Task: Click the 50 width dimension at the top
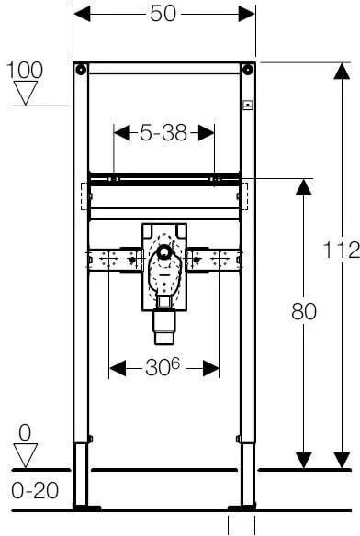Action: tap(163, 14)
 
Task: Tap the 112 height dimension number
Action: tap(342, 250)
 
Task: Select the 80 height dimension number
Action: tap(304, 311)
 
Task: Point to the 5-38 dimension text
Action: tap(163, 133)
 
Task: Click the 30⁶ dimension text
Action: tap(163, 368)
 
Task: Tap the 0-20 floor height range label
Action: tap(35, 490)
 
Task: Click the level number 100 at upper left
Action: tap(25, 71)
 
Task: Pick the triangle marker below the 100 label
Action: tap(26, 94)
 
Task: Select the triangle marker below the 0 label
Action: tap(26, 455)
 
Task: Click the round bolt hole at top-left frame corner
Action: tap(81, 70)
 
